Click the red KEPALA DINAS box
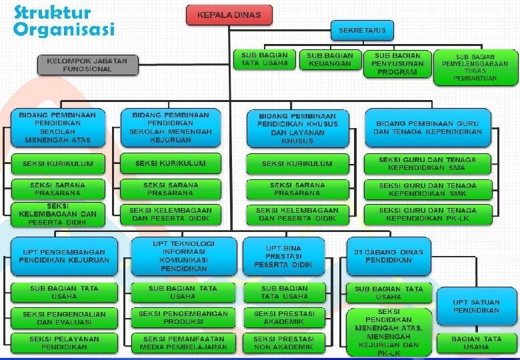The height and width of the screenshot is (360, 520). (229, 15)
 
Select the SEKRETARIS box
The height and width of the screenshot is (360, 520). (362, 31)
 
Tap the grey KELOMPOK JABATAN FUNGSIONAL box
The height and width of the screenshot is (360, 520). (87, 65)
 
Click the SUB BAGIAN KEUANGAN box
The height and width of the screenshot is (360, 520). (330, 59)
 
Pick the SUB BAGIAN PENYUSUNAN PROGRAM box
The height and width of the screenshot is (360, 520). (397, 63)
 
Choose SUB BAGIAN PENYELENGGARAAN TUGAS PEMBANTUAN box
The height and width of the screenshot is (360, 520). (475, 67)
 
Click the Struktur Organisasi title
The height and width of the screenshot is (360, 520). (63, 21)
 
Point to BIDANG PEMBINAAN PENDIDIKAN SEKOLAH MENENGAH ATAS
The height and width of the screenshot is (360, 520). (57, 127)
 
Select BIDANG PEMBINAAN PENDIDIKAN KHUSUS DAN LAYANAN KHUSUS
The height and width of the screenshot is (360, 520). (297, 128)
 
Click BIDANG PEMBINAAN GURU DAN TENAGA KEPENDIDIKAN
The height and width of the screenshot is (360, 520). (427, 128)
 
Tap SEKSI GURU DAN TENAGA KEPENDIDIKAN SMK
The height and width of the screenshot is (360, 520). (427, 189)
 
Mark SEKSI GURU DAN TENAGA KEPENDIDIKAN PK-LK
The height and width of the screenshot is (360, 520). (427, 214)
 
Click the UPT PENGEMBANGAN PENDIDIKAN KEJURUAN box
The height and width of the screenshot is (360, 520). (64, 256)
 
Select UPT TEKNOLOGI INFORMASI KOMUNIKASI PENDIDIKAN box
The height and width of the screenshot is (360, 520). (183, 256)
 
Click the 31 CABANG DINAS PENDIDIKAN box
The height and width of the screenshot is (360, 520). (389, 256)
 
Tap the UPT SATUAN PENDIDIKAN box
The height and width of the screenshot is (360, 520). (476, 306)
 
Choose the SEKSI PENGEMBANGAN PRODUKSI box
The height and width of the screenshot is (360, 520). (183, 317)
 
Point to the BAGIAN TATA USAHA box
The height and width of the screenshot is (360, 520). (476, 343)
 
